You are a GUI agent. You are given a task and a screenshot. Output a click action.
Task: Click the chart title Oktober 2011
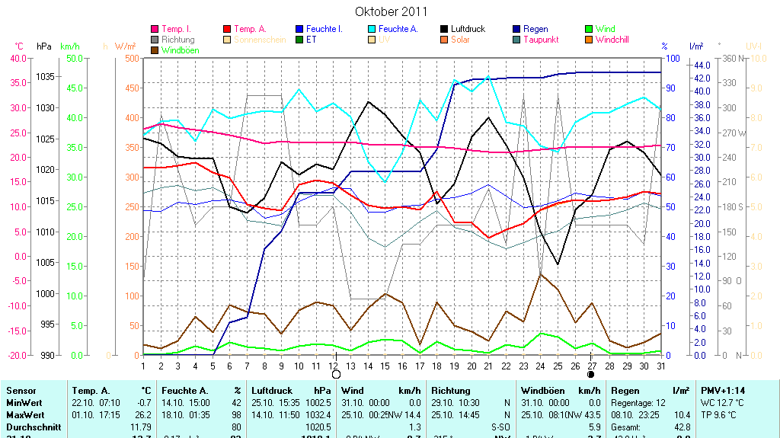pos(391,11)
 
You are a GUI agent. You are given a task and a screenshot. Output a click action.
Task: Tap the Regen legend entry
pos(536,29)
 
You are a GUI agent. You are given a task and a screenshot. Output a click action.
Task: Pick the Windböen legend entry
pos(181,50)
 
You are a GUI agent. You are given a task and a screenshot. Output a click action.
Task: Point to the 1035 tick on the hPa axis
pos(46,76)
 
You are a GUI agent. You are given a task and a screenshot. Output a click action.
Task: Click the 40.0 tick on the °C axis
pos(16,58)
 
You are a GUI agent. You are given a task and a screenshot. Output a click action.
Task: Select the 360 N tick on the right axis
pos(732,58)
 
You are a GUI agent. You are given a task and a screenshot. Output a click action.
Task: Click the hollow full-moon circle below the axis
pos(336,375)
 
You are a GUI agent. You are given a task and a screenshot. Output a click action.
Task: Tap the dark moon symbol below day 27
pos(591,375)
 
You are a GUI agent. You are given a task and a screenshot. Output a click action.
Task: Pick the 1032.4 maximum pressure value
pos(318,414)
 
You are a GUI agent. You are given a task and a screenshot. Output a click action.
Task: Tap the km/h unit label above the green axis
pos(69,46)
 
